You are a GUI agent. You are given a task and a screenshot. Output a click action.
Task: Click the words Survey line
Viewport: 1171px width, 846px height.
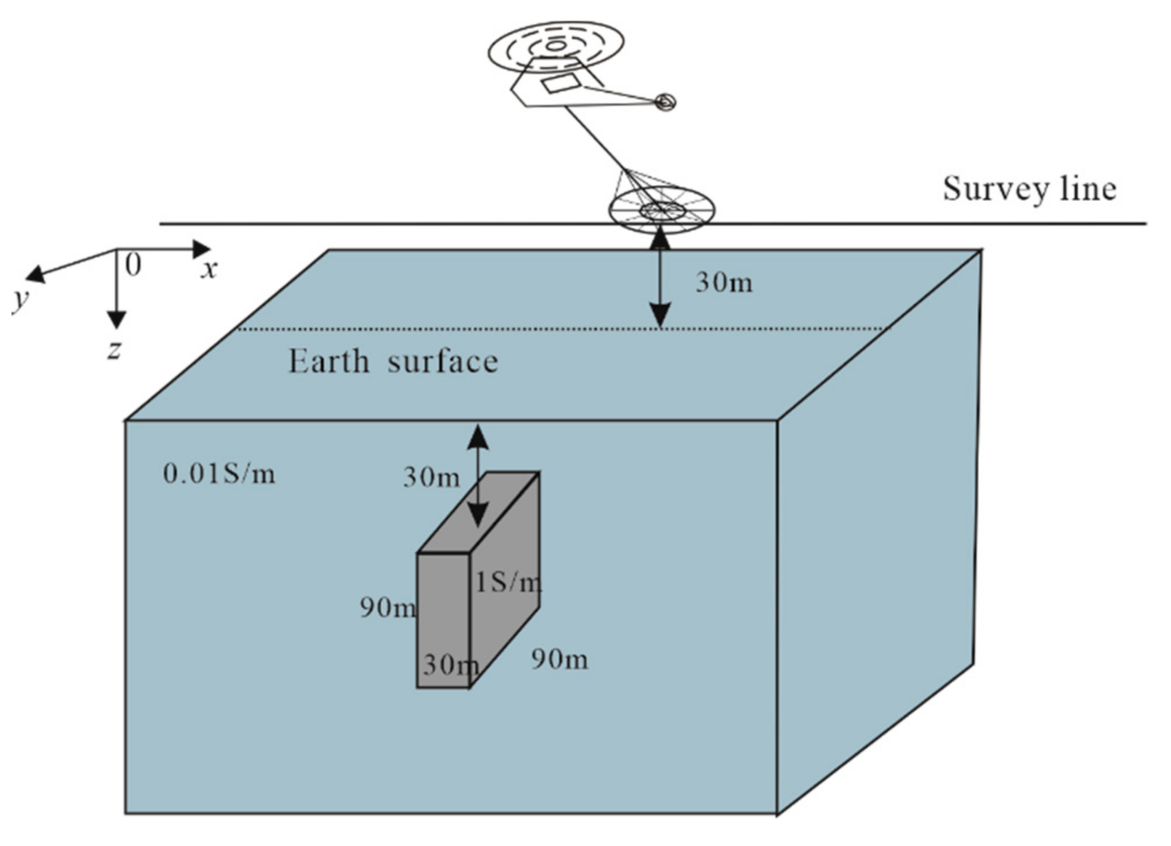coord(1029,189)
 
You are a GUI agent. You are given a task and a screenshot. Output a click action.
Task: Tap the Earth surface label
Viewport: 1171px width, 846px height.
coord(393,362)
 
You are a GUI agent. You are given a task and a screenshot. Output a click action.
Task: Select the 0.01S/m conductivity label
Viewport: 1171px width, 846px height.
coord(219,474)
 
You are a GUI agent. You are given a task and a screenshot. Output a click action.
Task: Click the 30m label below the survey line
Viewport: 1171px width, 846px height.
coord(724,283)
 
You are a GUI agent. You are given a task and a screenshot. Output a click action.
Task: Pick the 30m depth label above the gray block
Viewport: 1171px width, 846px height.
coord(431,477)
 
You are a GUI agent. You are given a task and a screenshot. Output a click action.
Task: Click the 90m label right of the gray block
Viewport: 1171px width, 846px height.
coord(559,659)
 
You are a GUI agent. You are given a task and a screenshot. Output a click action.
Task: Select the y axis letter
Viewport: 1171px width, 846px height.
coord(21,299)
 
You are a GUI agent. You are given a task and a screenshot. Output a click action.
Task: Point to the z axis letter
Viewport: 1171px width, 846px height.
coord(115,349)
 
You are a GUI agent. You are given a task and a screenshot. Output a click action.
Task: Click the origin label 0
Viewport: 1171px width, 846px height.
coord(133,265)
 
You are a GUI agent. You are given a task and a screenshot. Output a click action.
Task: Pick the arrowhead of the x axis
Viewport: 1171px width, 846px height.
coord(202,249)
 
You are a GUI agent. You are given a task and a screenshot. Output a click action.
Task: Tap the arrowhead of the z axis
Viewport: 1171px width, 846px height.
coord(117,320)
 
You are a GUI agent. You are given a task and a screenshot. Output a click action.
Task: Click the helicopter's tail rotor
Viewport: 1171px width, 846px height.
coord(665,103)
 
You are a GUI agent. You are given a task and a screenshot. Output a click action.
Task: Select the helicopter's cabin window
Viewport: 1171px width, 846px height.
coord(560,83)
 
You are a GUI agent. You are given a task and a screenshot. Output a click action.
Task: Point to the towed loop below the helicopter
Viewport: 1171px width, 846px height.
coord(661,210)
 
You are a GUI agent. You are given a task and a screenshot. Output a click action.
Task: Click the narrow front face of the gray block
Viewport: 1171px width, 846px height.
coord(443,620)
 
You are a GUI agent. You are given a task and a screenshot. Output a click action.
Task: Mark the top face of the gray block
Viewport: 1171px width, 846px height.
coord(479,512)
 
